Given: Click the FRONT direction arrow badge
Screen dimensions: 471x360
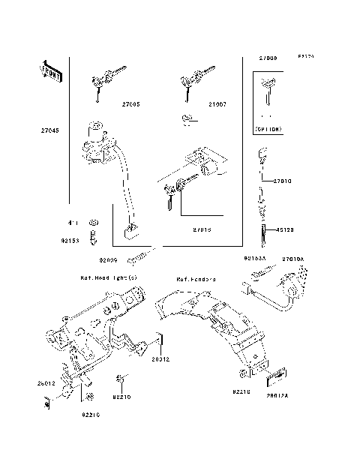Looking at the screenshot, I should (x=51, y=72).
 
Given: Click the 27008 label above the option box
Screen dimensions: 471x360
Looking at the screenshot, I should (x=268, y=58).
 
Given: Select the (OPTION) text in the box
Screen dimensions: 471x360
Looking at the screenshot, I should (x=268, y=130).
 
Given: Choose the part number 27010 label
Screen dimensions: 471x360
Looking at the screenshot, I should (x=282, y=181).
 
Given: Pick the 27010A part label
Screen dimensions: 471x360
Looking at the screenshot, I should (x=292, y=259).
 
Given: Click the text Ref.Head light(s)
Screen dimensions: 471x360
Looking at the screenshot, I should (x=109, y=277).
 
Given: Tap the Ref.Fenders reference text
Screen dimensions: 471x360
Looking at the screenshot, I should (x=196, y=278).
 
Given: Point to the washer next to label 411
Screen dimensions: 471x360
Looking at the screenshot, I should (x=92, y=223).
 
